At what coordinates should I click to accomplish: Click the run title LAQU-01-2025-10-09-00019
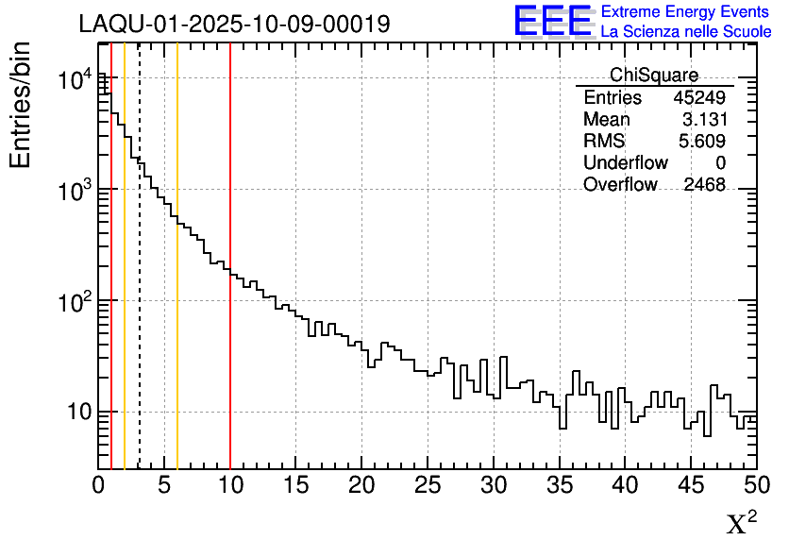pyautogui.click(x=234, y=25)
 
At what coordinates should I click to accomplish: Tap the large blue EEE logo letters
pyautogui.click(x=553, y=21)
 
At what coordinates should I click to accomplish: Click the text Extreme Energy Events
pyautogui.click(x=686, y=12)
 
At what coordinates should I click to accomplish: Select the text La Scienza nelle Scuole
pyautogui.click(x=686, y=32)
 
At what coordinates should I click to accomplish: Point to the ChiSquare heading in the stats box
pyautogui.click(x=654, y=76)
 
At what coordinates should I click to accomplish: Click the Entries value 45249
pyautogui.click(x=699, y=98)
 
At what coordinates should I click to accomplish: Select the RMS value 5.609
pyautogui.click(x=703, y=142)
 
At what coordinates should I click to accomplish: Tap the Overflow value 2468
pyautogui.click(x=704, y=185)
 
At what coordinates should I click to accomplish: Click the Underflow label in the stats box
pyautogui.click(x=626, y=163)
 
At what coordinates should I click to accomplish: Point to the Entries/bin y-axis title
pyautogui.click(x=21, y=104)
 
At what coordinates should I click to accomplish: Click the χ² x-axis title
pyautogui.click(x=741, y=522)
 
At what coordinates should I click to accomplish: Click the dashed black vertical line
pyautogui.click(x=140, y=283)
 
